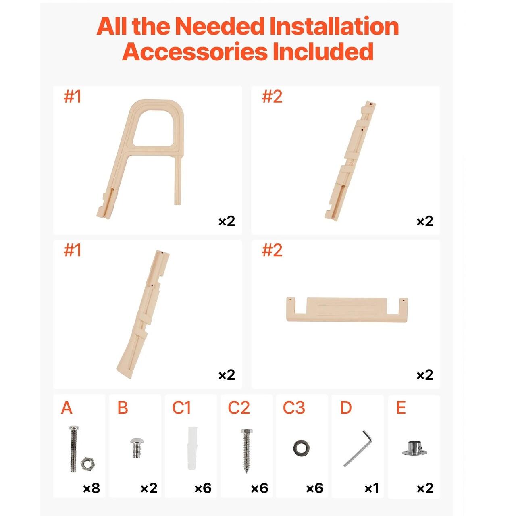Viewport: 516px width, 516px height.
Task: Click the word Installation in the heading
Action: click(334, 26)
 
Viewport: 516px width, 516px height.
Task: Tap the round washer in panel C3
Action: click(301, 448)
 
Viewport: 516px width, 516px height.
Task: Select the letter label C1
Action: click(181, 408)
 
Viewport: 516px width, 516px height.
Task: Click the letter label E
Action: click(401, 408)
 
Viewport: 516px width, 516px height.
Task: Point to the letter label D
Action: click(346, 408)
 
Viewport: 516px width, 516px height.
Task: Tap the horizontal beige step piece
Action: click(347, 310)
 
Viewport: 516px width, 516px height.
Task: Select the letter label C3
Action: click(294, 408)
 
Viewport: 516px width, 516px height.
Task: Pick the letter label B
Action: click(123, 408)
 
